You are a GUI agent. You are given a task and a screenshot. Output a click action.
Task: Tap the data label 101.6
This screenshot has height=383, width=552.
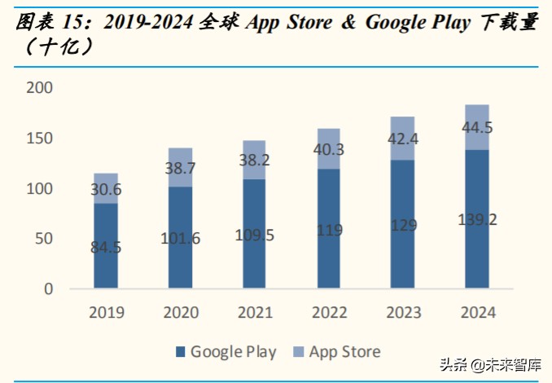pyautogui.click(x=180, y=239)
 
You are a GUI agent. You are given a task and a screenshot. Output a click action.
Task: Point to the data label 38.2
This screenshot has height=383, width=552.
pyautogui.click(x=254, y=161)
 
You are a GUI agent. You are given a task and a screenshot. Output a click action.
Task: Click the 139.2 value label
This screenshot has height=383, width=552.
pyautogui.click(x=476, y=218)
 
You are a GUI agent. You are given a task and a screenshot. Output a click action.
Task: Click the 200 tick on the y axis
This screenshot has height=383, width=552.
pyautogui.click(x=38, y=88)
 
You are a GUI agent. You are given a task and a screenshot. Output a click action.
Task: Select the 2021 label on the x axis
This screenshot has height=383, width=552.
pyautogui.click(x=254, y=313)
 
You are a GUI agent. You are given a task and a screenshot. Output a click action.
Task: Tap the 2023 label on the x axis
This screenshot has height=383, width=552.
pyautogui.click(x=402, y=313)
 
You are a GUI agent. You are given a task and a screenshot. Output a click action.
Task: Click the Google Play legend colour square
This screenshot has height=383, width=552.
pyautogui.click(x=180, y=353)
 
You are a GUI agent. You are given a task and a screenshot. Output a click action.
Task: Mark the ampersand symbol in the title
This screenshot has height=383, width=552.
pyautogui.click(x=348, y=23)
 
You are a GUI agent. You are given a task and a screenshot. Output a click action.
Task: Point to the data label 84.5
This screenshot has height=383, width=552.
pyautogui.click(x=105, y=247)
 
